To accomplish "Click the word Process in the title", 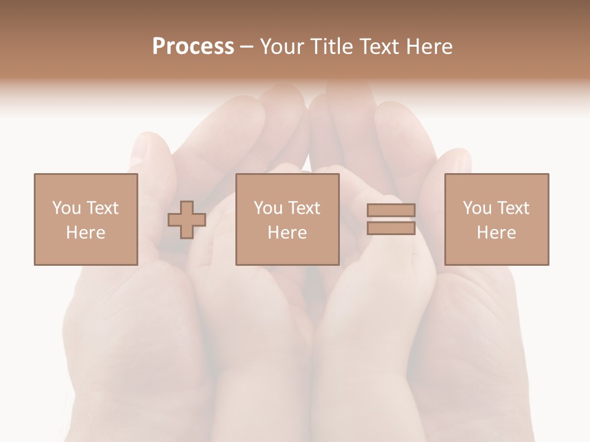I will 193,47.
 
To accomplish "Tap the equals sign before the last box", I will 391,219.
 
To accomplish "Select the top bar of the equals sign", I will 391,211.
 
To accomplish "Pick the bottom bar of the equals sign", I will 391,228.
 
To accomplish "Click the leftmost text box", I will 85,219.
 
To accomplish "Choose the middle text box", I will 287,219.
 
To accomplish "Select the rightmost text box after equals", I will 496,219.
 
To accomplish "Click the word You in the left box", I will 66,208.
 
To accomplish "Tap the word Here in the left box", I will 85,232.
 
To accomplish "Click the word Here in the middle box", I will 287,232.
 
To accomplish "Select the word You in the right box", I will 476,208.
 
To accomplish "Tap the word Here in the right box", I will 496,232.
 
